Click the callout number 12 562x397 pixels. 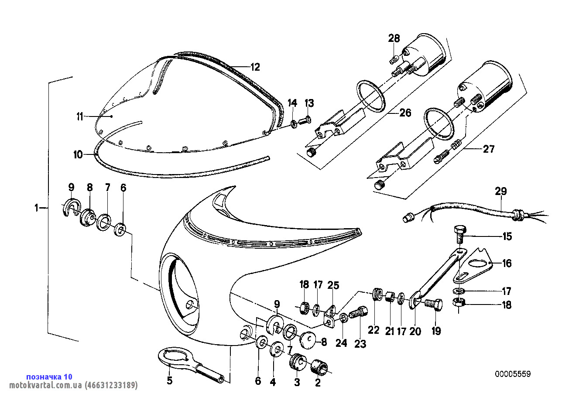tap(255, 67)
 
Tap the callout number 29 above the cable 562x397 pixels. tap(501, 192)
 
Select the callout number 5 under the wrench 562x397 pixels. tap(170, 380)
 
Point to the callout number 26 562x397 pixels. tap(405, 113)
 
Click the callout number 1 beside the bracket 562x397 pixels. tap(36, 208)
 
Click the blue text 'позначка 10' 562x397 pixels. tap(49, 376)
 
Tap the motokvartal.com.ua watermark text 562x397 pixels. tap(73, 385)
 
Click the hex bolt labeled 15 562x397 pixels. tap(460, 234)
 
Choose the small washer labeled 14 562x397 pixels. tap(294, 124)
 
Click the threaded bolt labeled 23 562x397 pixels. tap(359, 313)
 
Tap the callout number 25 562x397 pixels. tap(333, 285)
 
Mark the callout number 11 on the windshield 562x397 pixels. tap(80, 116)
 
